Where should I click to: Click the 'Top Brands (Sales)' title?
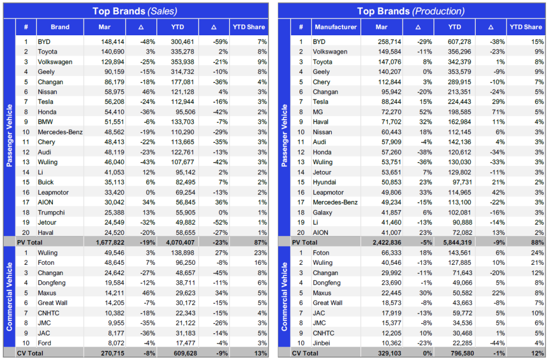(x=135, y=11)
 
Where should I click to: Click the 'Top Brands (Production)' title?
(x=410, y=11)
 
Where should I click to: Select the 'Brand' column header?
(x=60, y=27)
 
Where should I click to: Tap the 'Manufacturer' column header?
(x=336, y=27)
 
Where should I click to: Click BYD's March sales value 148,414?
(x=112, y=42)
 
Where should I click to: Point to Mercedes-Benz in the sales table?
(x=60, y=132)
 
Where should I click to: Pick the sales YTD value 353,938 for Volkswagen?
(x=183, y=62)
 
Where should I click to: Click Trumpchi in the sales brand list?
(x=51, y=212)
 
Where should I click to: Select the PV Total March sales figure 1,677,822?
(x=110, y=242)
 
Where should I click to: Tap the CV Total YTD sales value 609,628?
(x=185, y=353)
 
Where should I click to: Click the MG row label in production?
(x=318, y=112)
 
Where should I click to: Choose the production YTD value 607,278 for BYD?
(x=460, y=42)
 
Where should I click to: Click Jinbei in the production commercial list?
(x=322, y=343)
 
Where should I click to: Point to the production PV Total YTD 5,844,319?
(x=458, y=242)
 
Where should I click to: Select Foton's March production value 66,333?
(x=391, y=252)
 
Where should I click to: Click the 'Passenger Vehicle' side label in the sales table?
(x=10, y=135)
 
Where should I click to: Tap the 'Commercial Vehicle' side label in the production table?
(x=285, y=296)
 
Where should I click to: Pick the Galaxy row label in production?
(x=322, y=212)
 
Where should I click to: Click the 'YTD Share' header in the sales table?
(x=249, y=27)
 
